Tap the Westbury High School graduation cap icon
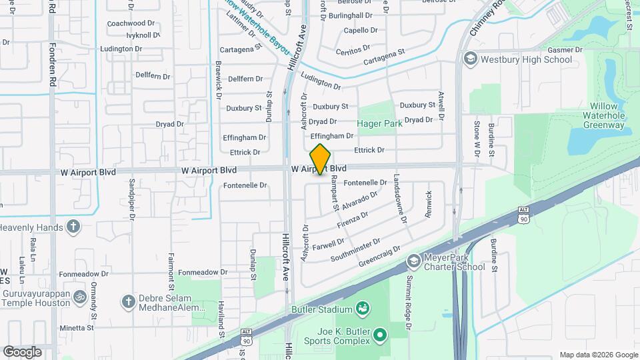[471, 59]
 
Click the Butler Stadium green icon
[363, 309]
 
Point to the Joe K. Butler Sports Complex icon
[381, 334]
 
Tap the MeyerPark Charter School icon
[413, 260]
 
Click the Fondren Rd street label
[53, 65]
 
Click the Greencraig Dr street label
[379, 257]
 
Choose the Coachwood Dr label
[131, 23]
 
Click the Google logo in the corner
[23, 351]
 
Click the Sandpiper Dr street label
[132, 199]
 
